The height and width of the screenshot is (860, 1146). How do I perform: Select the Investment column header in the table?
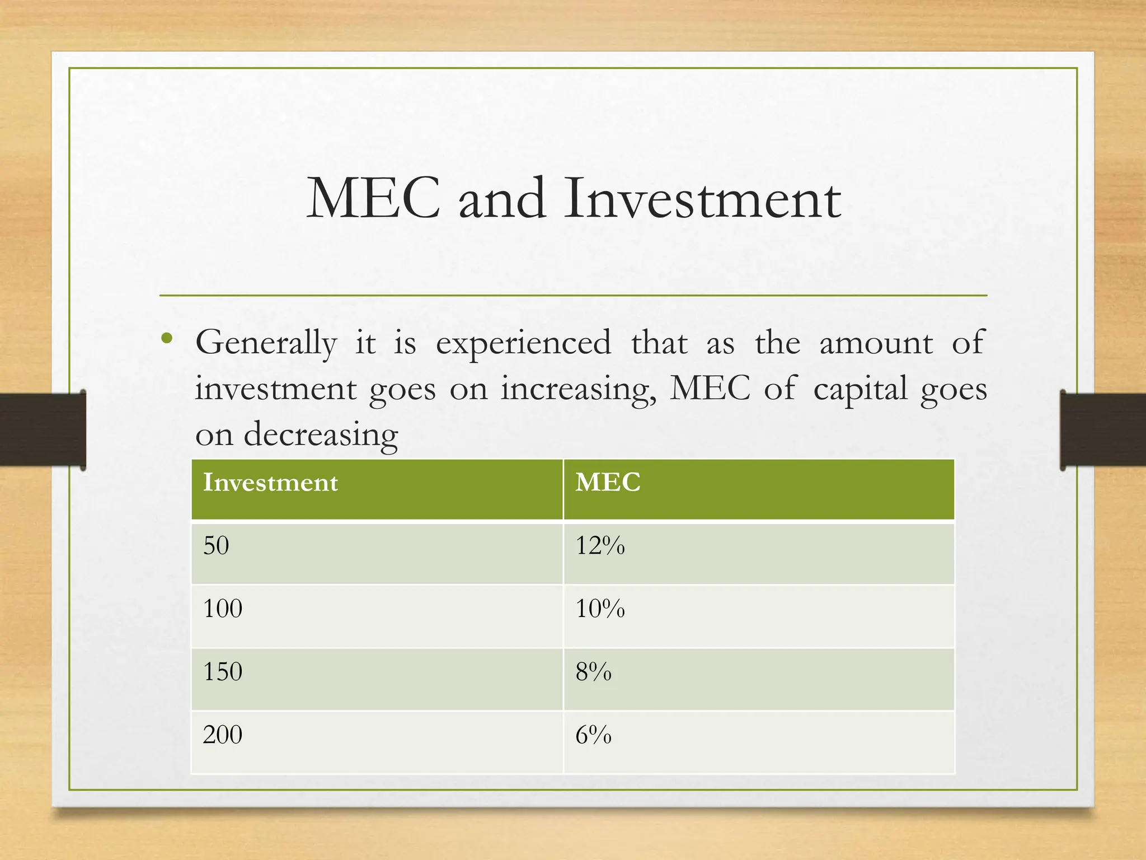click(x=270, y=483)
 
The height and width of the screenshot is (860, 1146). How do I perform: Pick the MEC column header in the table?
click(x=608, y=483)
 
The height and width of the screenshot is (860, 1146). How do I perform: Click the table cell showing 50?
click(x=216, y=545)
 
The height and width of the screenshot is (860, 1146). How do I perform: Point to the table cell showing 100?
click(x=223, y=609)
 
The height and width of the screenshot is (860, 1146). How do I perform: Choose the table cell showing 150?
click(x=223, y=671)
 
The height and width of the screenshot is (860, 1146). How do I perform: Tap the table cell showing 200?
click(x=223, y=735)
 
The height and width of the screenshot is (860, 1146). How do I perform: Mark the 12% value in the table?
click(x=600, y=545)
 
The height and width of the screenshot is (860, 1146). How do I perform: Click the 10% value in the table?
click(x=600, y=609)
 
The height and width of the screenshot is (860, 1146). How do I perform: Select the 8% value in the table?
click(x=593, y=671)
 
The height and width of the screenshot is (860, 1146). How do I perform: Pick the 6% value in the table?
click(x=593, y=735)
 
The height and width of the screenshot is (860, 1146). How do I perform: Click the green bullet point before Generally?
click(x=166, y=338)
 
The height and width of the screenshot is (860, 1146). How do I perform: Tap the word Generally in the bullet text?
click(x=266, y=343)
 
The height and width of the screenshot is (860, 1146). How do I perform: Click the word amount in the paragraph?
click(x=876, y=343)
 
